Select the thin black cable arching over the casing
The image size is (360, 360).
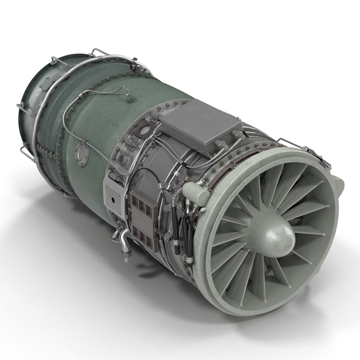coord(140,173)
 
